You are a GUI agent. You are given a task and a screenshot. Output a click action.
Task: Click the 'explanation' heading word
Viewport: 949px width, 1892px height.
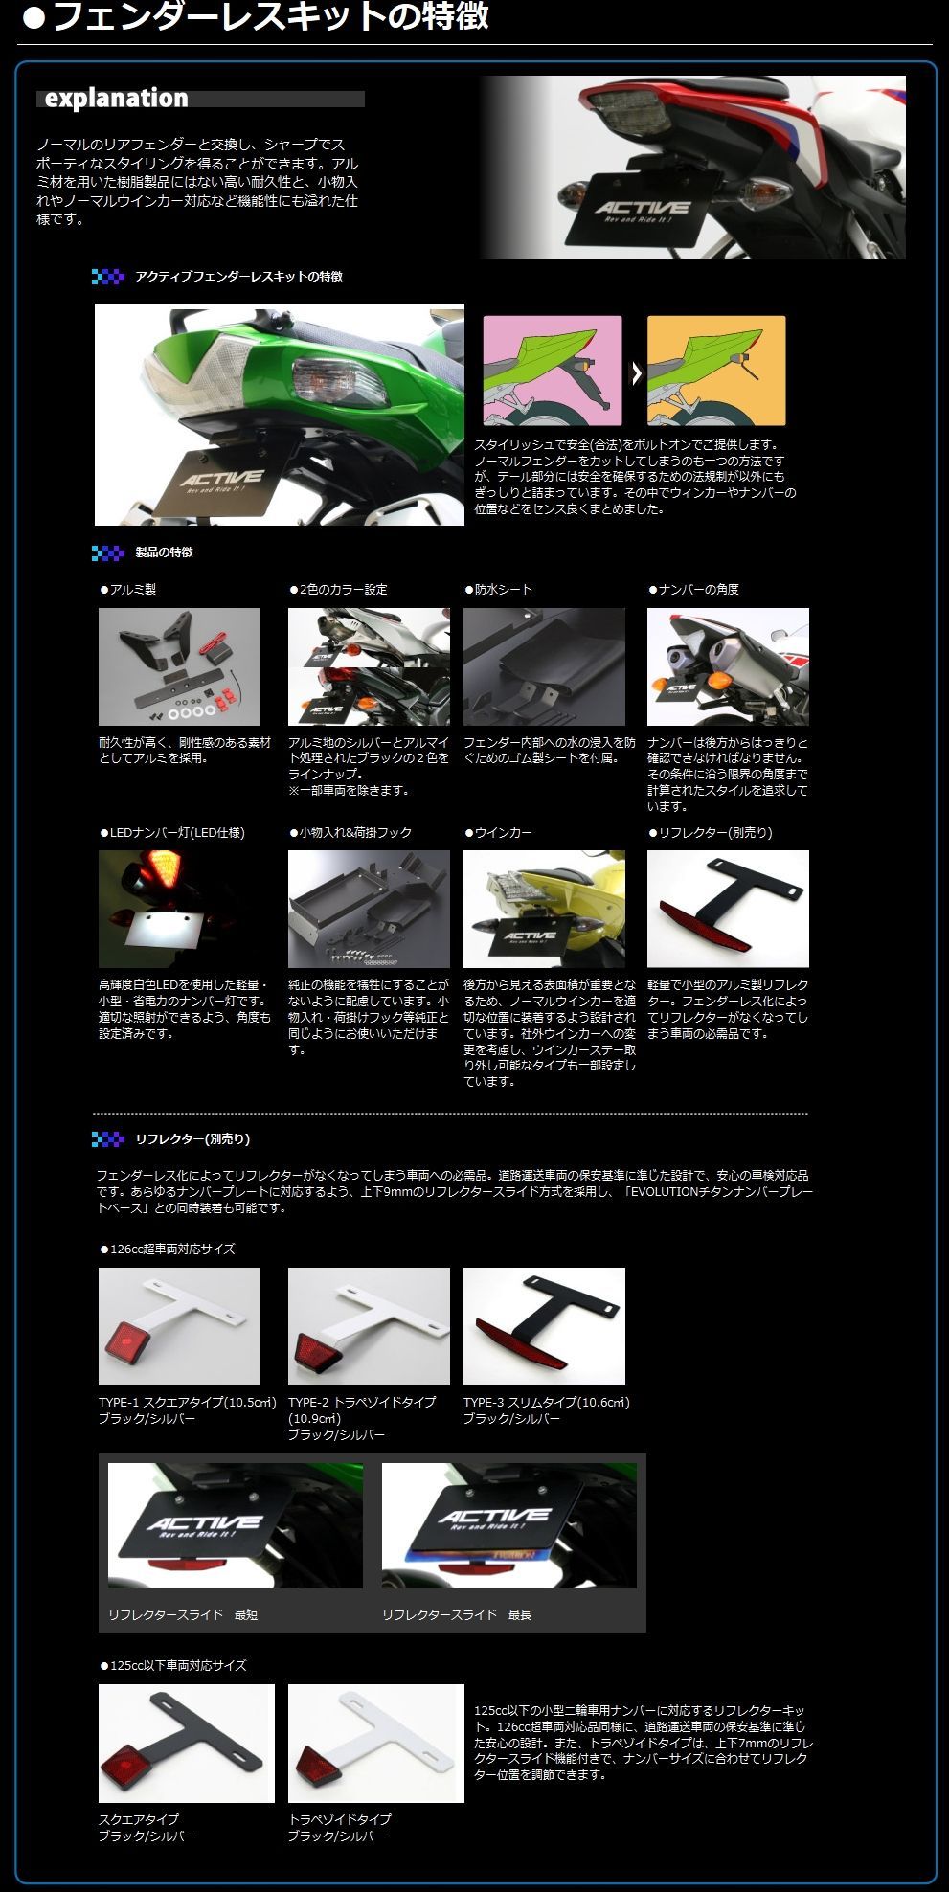[116, 99]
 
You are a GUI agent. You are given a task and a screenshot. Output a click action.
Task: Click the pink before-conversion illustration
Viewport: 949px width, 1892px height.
[553, 371]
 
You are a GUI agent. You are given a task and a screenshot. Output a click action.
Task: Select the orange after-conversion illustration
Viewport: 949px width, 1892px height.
[716, 371]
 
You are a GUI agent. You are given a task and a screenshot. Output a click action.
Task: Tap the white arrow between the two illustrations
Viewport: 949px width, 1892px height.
[635, 372]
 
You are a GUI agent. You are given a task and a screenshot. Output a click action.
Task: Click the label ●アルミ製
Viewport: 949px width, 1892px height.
[128, 590]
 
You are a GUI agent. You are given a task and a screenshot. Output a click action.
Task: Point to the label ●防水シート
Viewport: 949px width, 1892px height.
[499, 590]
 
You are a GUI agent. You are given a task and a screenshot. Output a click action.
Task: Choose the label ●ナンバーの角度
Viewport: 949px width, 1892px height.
[694, 590]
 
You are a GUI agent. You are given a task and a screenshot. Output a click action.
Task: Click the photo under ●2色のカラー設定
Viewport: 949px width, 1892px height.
[369, 666]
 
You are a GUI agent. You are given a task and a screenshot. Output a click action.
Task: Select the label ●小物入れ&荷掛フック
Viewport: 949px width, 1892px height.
[351, 833]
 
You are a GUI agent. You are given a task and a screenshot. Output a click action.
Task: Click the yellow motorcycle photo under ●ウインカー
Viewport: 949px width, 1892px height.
[544, 909]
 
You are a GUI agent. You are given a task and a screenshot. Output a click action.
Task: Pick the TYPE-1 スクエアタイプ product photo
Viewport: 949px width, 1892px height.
[179, 1326]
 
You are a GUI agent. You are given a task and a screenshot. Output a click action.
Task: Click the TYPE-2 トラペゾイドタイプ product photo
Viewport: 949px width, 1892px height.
[369, 1326]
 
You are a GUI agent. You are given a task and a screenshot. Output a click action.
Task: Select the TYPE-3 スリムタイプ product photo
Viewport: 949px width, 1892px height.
[544, 1326]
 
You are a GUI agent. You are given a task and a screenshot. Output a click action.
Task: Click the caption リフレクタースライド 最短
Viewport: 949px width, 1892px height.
[183, 1615]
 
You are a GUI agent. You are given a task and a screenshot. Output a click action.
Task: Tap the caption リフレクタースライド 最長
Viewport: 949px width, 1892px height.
[457, 1615]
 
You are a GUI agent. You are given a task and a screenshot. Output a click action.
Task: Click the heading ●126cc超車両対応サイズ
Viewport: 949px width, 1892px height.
[168, 1250]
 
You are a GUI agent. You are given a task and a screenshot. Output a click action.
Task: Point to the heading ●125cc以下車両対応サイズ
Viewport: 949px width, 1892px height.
[173, 1666]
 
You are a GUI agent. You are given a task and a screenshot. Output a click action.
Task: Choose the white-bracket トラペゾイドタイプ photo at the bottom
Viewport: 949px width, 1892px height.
[375, 1744]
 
